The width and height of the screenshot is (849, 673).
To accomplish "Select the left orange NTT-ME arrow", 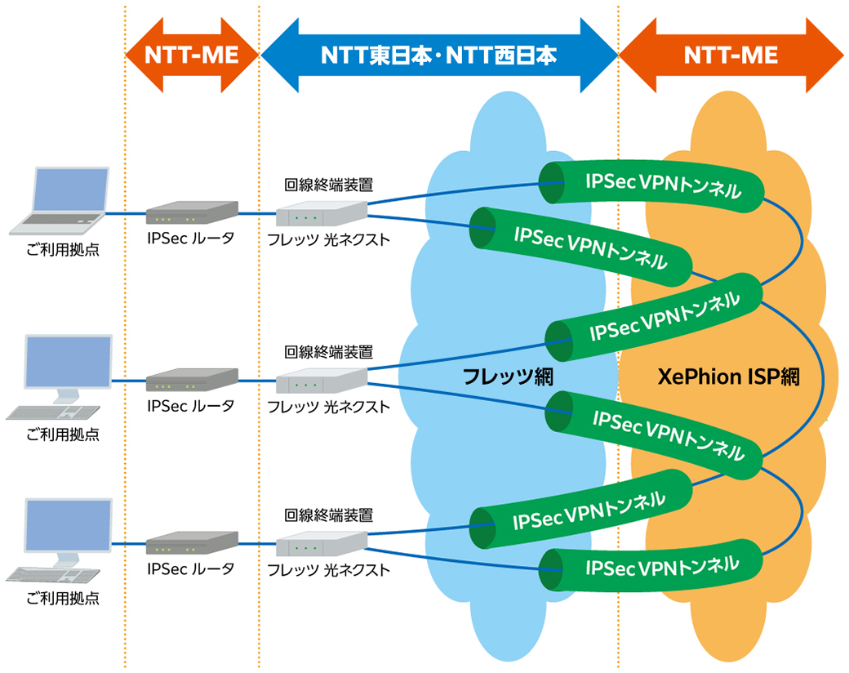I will (x=192, y=56).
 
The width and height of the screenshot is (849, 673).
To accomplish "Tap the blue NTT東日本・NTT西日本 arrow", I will (x=438, y=56).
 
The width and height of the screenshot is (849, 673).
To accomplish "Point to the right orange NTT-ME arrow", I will (x=731, y=56).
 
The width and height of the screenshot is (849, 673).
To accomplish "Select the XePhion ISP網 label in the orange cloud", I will (x=728, y=377).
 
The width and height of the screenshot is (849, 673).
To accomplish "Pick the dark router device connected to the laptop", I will (x=192, y=214).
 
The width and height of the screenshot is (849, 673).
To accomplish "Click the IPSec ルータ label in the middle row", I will (x=191, y=405).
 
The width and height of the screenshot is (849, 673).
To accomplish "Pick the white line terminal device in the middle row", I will (x=322, y=381).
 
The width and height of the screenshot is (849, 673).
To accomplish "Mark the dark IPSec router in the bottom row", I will (x=192, y=544).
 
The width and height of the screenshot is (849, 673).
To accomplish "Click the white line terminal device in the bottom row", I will (x=322, y=545).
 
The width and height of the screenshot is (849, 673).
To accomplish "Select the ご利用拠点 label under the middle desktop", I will (x=63, y=435).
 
